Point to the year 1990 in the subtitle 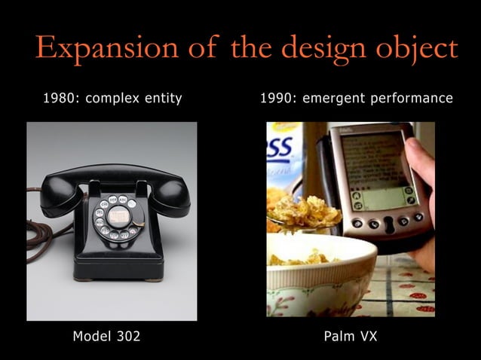coord(277,98)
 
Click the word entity coord(161,99)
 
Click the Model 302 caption coord(106,336)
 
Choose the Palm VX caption coord(351,336)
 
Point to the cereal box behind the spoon coord(282,154)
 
